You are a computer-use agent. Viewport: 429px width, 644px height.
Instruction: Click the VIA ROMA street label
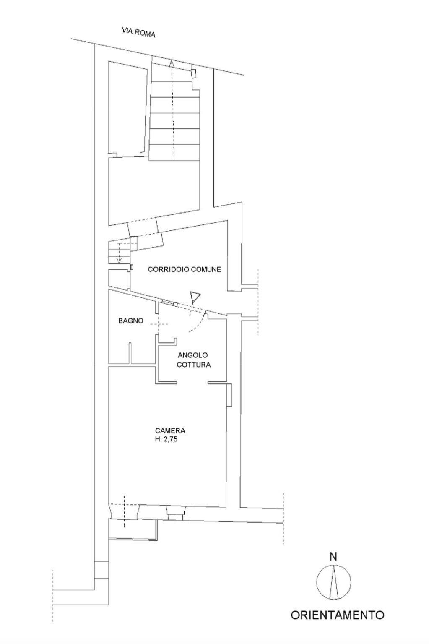(x=138, y=32)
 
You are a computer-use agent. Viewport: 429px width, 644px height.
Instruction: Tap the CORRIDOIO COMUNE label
(x=185, y=269)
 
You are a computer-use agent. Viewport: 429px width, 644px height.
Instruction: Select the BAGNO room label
(x=131, y=321)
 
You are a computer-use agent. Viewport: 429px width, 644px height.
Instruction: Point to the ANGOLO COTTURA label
(x=194, y=360)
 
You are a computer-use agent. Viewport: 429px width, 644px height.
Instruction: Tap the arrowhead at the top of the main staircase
(x=172, y=64)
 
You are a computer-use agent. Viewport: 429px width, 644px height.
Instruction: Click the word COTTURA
(x=194, y=365)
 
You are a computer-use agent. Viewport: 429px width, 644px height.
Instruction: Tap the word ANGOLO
(x=192, y=355)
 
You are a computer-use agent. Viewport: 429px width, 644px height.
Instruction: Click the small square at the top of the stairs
(x=194, y=73)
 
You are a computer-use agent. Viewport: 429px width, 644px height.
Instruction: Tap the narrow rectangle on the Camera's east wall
(x=229, y=395)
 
